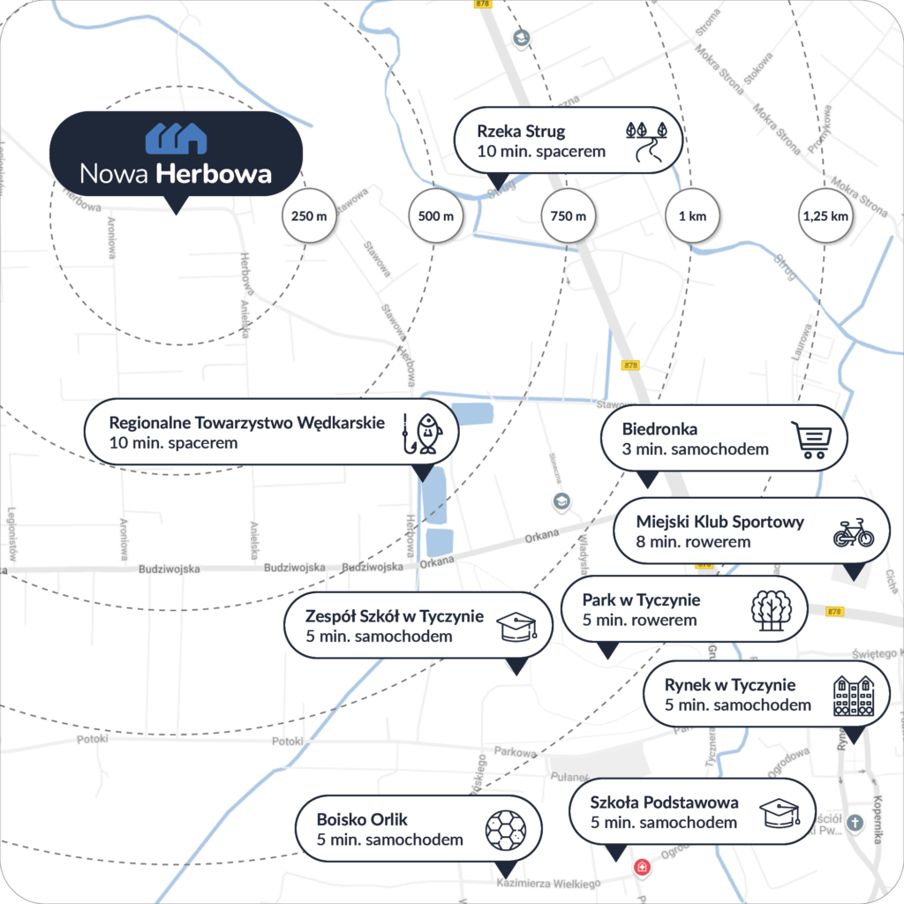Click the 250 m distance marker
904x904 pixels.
coord(309,215)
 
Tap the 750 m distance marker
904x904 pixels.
coord(568,215)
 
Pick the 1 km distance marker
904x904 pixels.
coord(693,215)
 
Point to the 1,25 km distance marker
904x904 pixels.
coord(826,215)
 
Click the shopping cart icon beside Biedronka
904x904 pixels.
coord(810,440)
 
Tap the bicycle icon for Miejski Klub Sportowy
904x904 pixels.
coord(853,533)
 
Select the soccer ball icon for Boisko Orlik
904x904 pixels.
coord(505,831)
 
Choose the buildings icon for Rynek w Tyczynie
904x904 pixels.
coord(854,696)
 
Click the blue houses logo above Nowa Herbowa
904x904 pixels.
coord(176,138)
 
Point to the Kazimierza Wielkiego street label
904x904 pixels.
coord(548,883)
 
